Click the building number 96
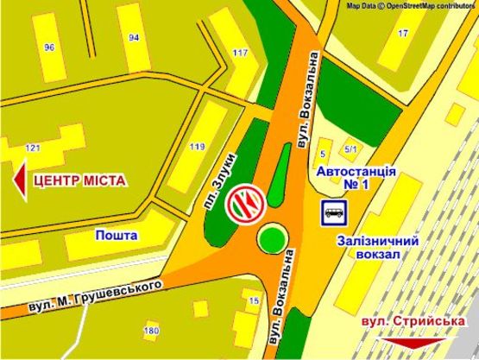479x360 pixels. coord(49,47)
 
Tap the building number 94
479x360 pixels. coord(134,38)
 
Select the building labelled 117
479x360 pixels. coord(240,54)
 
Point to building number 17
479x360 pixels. coord(403,33)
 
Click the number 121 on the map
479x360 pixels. coord(34,148)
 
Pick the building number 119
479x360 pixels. coord(199,146)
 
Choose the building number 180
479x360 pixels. coord(152,331)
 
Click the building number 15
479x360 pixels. coord(253,300)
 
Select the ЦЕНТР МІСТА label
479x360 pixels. coord(79,180)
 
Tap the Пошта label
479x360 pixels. coord(117,235)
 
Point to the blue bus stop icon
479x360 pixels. coord(333,212)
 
